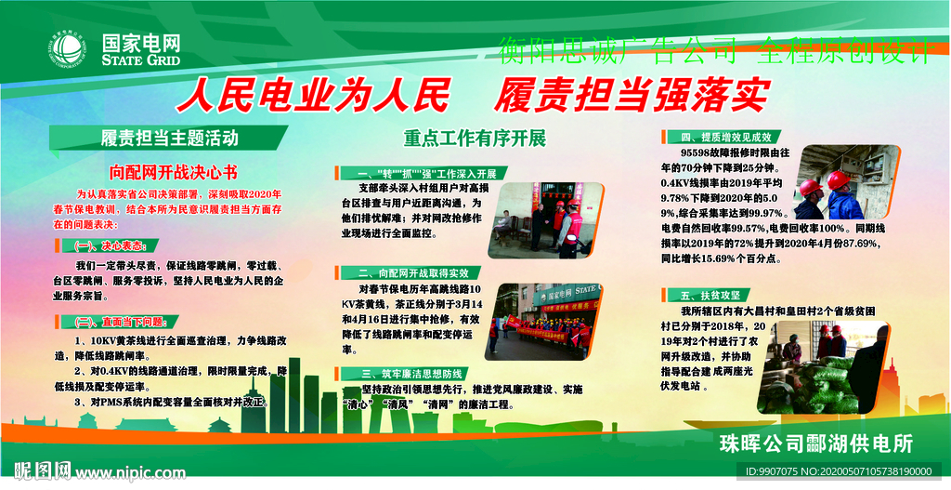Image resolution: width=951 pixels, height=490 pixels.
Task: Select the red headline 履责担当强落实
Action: click(x=632, y=95)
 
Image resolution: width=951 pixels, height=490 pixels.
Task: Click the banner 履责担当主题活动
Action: click(x=169, y=139)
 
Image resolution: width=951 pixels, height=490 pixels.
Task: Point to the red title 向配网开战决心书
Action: click(x=173, y=172)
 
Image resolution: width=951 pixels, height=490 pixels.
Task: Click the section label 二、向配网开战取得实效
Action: click(x=412, y=273)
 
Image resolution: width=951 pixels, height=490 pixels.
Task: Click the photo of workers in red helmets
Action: click(x=847, y=182)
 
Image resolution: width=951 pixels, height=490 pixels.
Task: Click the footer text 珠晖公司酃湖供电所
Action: click(x=815, y=444)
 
